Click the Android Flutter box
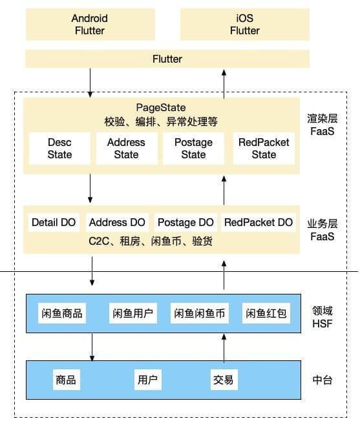(90, 25)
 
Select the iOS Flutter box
(245, 25)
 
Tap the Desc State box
(59, 149)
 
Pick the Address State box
(127, 149)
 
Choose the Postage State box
(193, 149)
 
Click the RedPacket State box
(264, 149)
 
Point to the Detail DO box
(54, 222)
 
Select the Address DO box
(117, 222)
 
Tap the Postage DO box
(185, 222)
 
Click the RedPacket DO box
(259, 222)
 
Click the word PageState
(161, 108)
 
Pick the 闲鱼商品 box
(62, 313)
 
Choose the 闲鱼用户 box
(133, 313)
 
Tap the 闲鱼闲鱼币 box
(200, 313)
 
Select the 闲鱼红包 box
(266, 313)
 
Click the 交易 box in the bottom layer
(224, 380)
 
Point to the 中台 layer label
(323, 380)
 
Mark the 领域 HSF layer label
(323, 317)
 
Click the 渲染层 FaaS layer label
(323, 125)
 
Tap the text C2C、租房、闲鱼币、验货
(151, 242)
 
